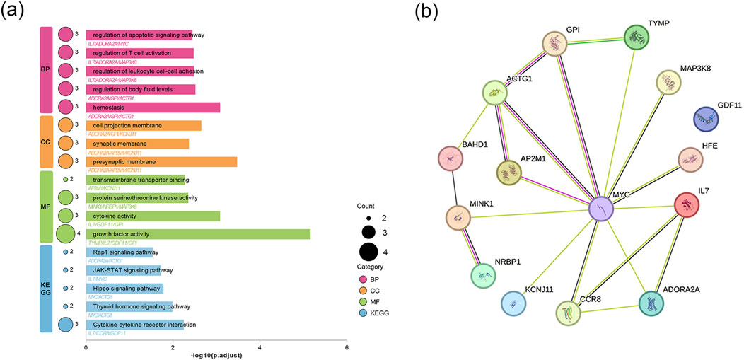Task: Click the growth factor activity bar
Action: tap(198, 233)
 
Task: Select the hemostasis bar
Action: tap(153, 107)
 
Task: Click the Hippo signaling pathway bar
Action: tap(124, 288)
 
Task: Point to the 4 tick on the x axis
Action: tap(260, 347)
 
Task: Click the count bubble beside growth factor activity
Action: tap(65, 233)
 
